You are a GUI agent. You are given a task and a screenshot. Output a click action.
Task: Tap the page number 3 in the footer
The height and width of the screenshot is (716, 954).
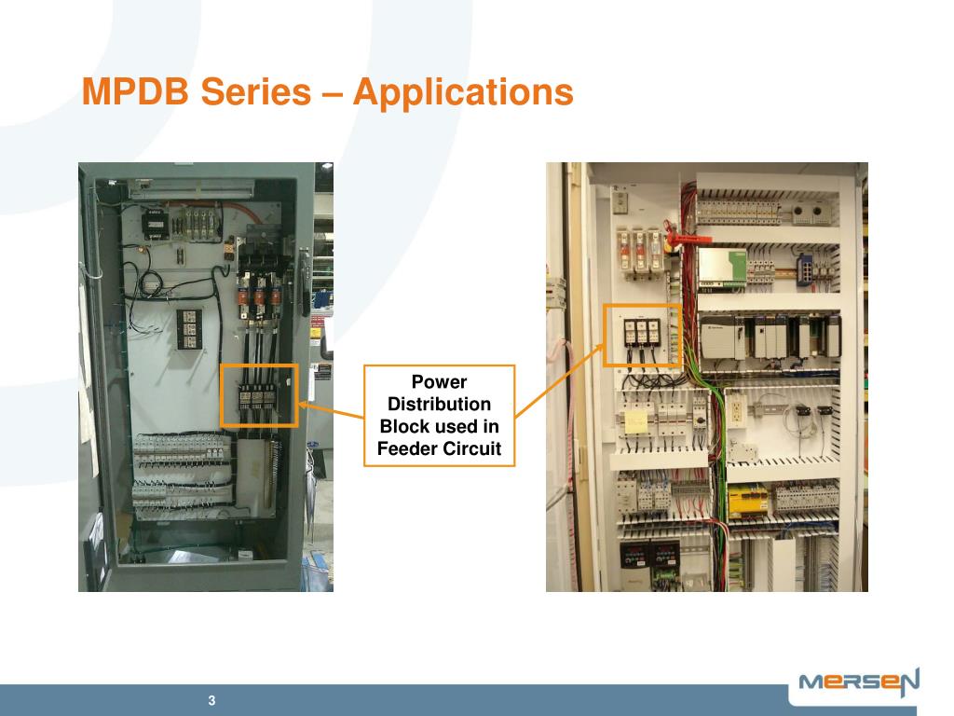click(212, 701)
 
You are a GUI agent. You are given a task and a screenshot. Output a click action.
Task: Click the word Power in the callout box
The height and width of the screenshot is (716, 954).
click(439, 381)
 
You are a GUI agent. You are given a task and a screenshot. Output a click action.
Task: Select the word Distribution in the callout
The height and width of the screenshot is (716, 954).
click(439, 404)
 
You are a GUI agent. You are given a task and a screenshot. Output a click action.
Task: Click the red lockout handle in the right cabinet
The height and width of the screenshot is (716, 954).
click(684, 237)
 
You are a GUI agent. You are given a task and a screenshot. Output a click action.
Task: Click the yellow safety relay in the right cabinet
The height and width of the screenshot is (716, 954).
click(747, 500)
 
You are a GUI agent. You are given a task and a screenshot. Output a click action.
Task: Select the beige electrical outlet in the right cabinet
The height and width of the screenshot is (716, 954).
click(736, 408)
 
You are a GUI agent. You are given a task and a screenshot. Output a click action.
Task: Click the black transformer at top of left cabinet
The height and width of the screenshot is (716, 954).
click(154, 221)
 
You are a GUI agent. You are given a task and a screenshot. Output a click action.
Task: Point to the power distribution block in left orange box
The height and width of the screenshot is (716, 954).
click(258, 394)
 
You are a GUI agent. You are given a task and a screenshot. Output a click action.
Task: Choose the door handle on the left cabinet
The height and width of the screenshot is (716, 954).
click(302, 280)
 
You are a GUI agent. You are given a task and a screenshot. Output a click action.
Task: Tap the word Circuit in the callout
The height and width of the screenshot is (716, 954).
click(472, 449)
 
